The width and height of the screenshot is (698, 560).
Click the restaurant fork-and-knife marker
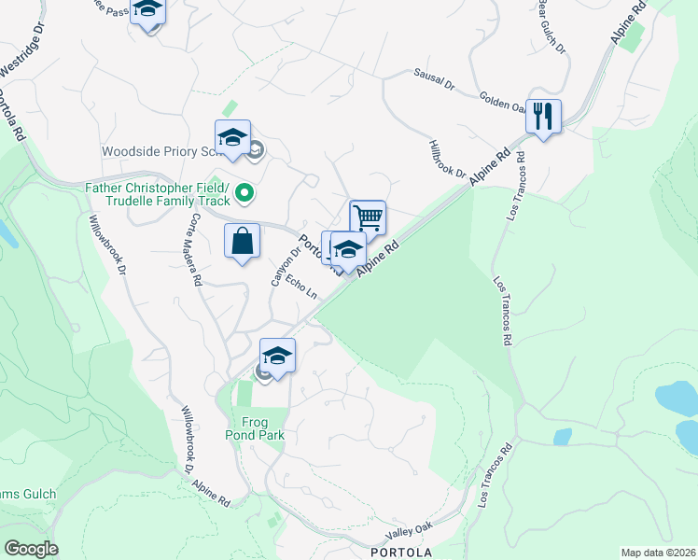543,117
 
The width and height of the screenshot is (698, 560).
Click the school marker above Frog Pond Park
277,356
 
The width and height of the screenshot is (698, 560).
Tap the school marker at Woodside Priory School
232,138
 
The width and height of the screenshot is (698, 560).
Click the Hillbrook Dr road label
447,158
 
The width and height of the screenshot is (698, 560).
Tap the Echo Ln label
303,285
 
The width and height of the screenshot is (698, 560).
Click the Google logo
30,549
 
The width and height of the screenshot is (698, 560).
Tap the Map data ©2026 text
658,553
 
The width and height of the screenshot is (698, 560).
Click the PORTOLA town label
401,552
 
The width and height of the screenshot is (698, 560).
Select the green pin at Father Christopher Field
244,193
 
